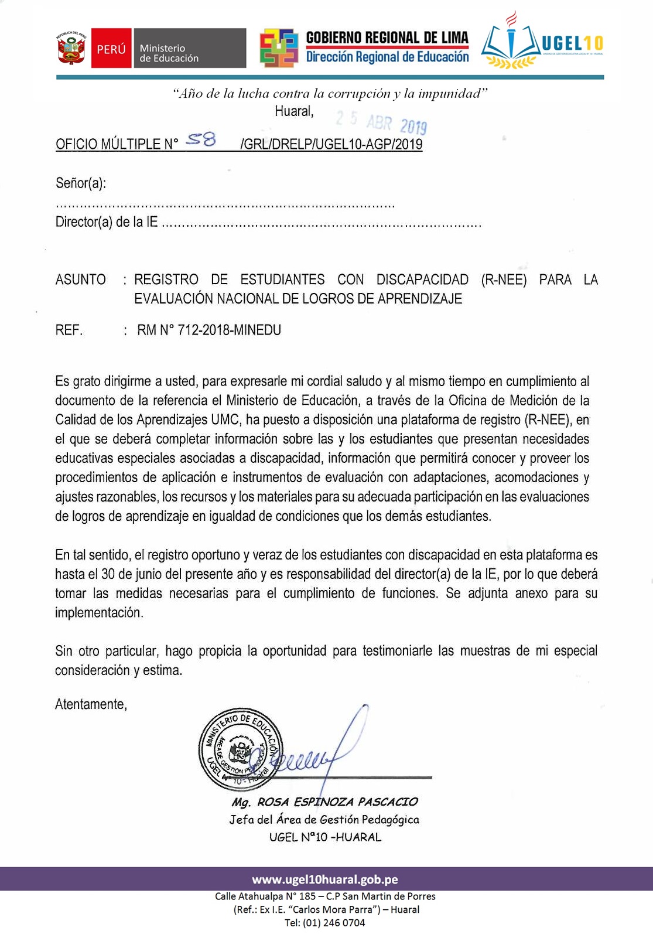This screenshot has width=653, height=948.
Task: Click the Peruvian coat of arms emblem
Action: pyautogui.click(x=71, y=48)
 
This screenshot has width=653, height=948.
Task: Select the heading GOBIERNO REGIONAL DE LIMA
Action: pyautogui.click(x=387, y=38)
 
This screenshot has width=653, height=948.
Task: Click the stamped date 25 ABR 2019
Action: pyautogui.click(x=381, y=122)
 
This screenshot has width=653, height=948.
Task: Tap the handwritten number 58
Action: pyautogui.click(x=201, y=139)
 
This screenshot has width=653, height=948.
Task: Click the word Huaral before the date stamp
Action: pyautogui.click(x=294, y=111)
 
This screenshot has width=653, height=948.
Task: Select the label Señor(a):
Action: pyautogui.click(x=81, y=183)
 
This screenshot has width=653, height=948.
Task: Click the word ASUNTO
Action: pyautogui.click(x=81, y=279)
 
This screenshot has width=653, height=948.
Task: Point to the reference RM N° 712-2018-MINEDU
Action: pyautogui.click(x=209, y=330)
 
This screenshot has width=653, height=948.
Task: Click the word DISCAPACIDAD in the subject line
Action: pyautogui.click(x=422, y=279)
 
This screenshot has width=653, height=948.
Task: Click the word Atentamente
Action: pyautogui.click(x=91, y=704)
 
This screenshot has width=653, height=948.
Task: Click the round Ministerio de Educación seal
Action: pyautogui.click(x=240, y=748)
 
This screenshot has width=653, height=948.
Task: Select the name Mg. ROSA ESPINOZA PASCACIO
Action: pyautogui.click(x=324, y=802)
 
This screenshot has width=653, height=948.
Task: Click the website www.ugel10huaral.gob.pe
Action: pyautogui.click(x=325, y=879)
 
